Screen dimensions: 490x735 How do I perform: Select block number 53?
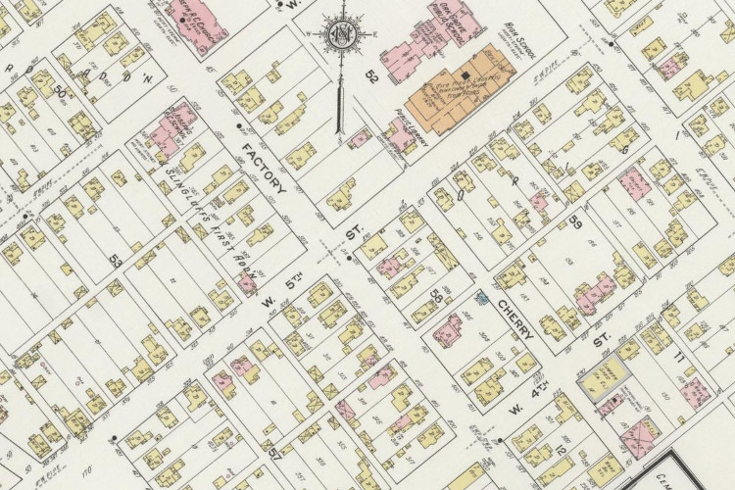point(116,261)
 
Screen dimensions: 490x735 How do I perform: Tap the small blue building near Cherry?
point(481,296)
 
